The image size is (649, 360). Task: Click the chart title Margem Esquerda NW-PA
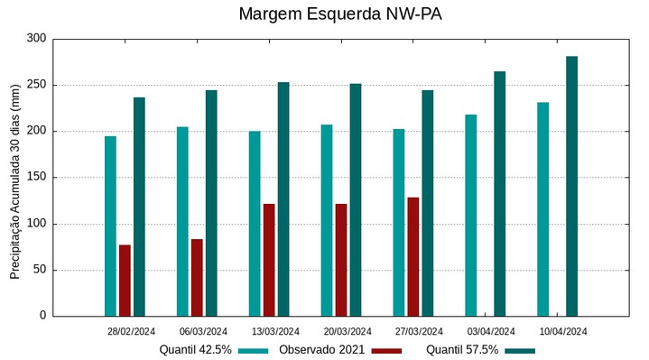tap(340, 14)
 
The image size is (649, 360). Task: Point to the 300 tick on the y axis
tap(36, 39)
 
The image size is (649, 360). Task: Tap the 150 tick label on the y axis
tap(36, 178)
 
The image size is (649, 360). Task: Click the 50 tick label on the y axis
tap(39, 270)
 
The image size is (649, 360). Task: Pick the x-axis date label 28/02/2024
tap(131, 331)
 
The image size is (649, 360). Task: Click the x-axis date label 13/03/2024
tap(275, 331)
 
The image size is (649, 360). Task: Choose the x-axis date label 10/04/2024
tap(563, 331)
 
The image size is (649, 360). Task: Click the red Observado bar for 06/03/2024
tap(197, 277)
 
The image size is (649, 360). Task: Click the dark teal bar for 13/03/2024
tap(283, 198)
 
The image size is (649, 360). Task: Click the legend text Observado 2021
tap(321, 349)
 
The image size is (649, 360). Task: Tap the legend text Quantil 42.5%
tap(195, 349)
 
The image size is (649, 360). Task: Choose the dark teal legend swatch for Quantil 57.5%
tap(520, 350)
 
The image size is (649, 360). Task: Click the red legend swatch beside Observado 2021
tap(386, 350)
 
